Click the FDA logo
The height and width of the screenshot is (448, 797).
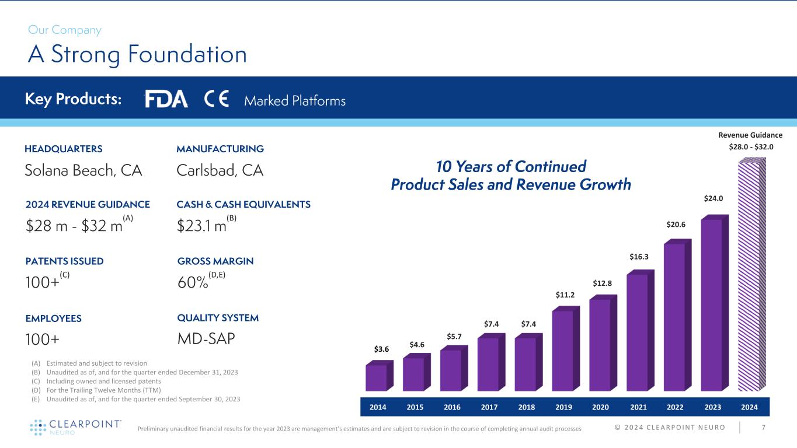[166, 100]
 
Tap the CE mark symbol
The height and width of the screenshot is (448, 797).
[217, 100]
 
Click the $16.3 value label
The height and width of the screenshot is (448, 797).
[639, 256]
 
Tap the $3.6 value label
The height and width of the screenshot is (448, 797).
[381, 349]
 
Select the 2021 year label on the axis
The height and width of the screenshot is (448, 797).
[639, 406]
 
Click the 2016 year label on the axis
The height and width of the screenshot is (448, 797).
[453, 406]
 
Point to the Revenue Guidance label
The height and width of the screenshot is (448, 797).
[750, 135]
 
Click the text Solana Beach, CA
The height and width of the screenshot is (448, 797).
[83, 170]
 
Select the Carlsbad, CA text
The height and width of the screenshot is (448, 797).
[220, 170]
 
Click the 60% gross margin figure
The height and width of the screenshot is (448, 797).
[193, 283]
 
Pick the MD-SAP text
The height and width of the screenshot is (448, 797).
[206, 339]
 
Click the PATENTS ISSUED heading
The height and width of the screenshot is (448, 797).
[64, 261]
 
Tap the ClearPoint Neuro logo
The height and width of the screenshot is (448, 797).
[75, 427]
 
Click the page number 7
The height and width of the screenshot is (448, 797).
[764, 428]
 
